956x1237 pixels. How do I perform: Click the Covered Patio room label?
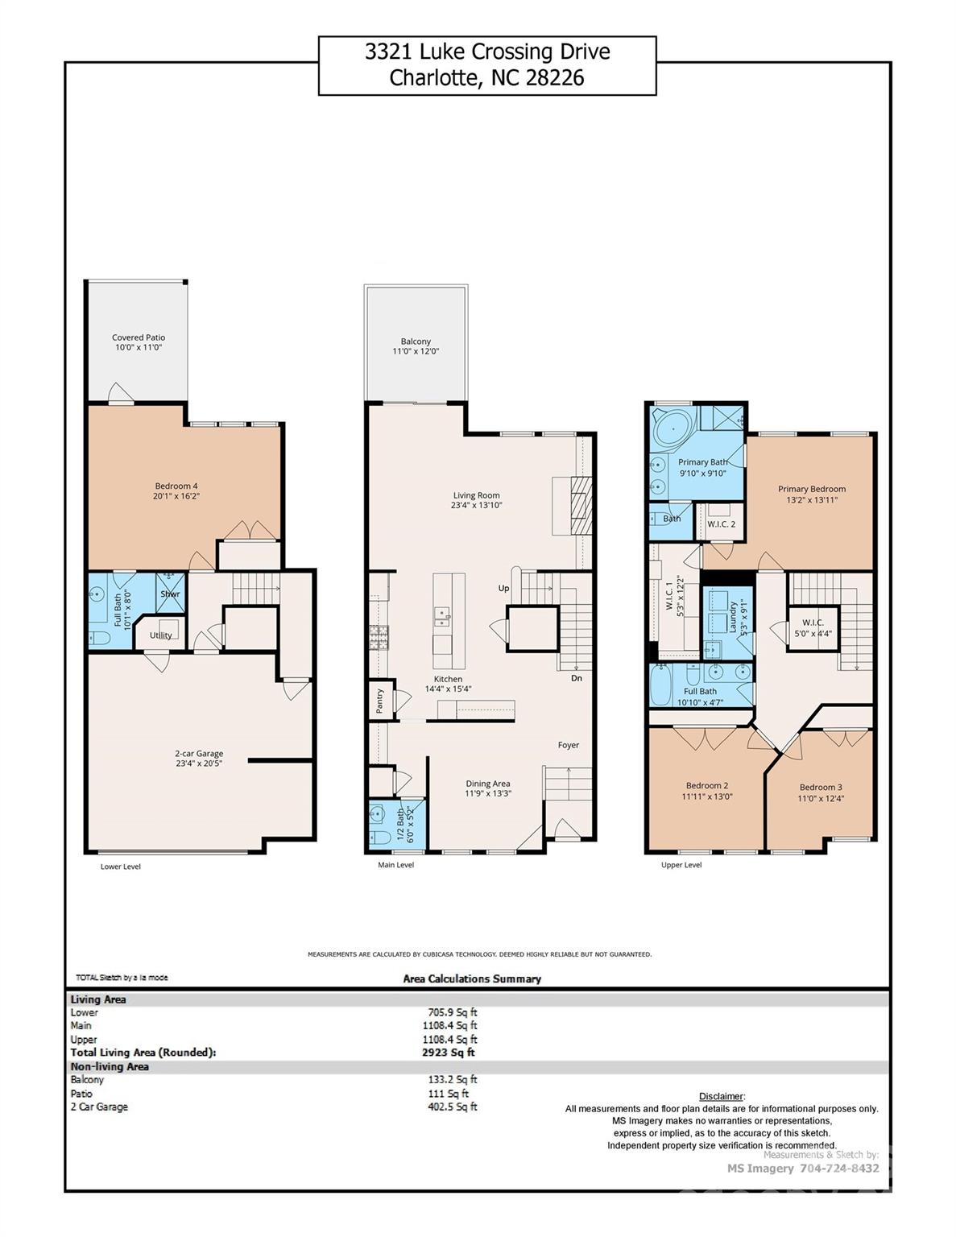tap(139, 337)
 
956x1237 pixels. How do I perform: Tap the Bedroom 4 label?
tap(176, 486)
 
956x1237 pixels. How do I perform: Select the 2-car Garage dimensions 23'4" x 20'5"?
tap(199, 763)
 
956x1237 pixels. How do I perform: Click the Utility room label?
tap(160, 635)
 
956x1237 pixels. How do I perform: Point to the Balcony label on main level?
tap(416, 341)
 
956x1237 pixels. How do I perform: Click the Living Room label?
tap(476, 495)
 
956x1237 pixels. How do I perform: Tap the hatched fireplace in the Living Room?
tap(581, 505)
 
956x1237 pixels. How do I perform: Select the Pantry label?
tap(380, 700)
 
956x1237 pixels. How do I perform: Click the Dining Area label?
tap(488, 784)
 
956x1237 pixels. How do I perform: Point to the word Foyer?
tap(569, 745)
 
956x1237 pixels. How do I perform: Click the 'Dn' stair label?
tap(577, 678)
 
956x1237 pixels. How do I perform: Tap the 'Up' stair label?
tap(503, 588)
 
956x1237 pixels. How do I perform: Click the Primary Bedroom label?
tap(812, 489)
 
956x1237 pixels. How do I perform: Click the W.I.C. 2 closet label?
tap(722, 524)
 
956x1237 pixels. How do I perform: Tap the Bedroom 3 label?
tap(821, 788)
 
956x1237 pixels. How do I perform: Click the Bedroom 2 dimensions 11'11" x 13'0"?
tap(707, 796)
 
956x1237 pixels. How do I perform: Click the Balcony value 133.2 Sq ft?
tap(453, 1080)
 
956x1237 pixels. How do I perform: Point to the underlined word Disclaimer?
tap(722, 1096)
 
